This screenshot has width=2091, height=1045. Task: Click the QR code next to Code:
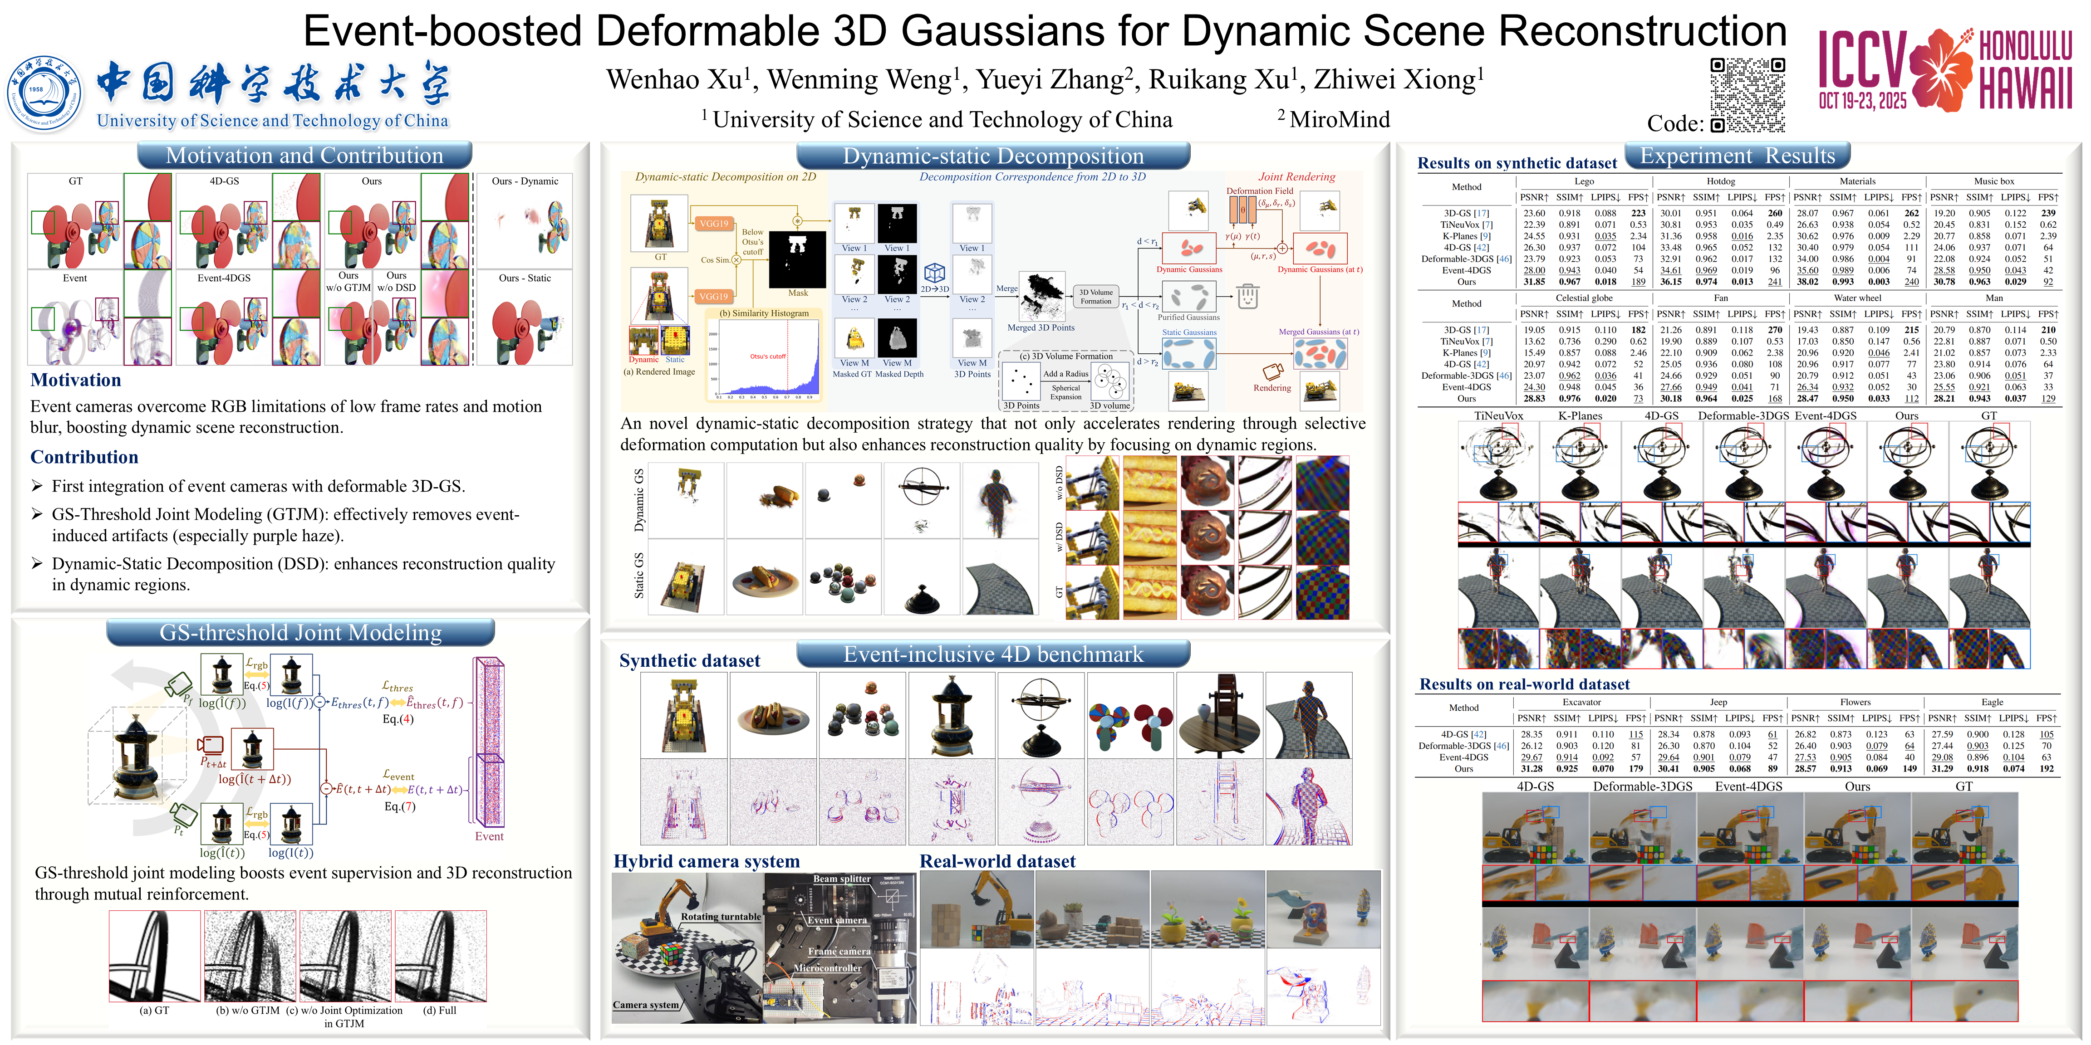pos(1747,95)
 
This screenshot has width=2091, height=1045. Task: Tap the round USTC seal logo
pos(44,94)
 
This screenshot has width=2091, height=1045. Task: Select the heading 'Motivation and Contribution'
pos(304,155)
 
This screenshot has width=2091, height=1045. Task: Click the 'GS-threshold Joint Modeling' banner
pos(300,632)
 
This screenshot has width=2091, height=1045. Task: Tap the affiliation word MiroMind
pos(1340,119)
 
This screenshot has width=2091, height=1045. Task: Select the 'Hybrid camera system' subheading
pos(706,861)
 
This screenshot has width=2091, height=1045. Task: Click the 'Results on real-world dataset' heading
pos(1524,684)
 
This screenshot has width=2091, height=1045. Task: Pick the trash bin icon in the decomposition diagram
pos(1247,296)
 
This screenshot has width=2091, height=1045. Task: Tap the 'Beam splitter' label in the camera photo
pos(842,879)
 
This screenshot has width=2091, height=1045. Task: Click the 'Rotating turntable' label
pos(721,917)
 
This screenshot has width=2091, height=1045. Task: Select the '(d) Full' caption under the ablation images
pos(440,1010)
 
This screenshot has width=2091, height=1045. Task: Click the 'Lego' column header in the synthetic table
pos(1584,182)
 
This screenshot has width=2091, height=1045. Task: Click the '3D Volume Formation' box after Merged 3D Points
pos(1096,296)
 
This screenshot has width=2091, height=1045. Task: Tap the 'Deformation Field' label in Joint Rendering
pos(1260,191)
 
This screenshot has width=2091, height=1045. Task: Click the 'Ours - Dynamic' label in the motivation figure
pos(525,181)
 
